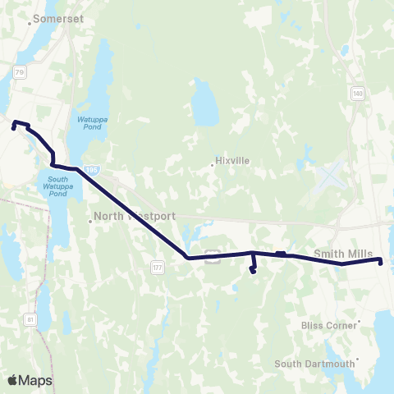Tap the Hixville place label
(x=232, y=161)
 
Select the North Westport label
(x=135, y=217)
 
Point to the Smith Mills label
(x=343, y=253)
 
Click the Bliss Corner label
(x=334, y=325)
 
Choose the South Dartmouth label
(x=315, y=363)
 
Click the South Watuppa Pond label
(x=57, y=186)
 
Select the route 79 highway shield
(x=20, y=72)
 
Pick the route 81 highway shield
(x=31, y=318)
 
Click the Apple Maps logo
(x=30, y=380)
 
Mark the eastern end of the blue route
(x=381, y=261)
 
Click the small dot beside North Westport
(x=91, y=221)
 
